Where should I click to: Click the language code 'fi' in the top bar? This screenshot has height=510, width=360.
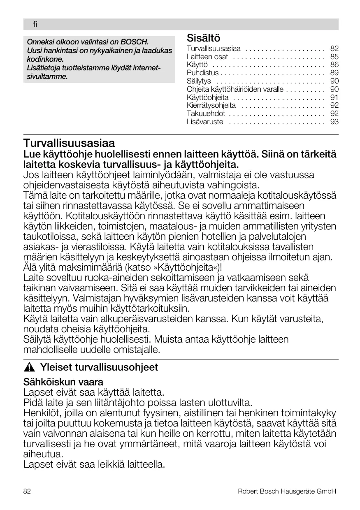coord(35,25)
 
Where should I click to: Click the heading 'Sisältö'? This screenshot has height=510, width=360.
coord(203,38)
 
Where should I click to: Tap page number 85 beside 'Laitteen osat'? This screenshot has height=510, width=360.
coord(334,57)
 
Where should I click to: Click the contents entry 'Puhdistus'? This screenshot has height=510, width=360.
coord(202,73)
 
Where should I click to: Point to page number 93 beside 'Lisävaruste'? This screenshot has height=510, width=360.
coord(334,122)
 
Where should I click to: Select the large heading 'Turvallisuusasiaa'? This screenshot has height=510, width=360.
coord(69,144)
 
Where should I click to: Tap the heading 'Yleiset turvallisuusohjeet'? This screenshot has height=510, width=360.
coord(99,367)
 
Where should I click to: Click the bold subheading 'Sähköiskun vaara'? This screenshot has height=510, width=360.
coord(63,382)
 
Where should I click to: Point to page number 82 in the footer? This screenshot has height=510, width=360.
coord(27,491)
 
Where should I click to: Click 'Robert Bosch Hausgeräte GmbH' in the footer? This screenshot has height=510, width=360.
coord(287,491)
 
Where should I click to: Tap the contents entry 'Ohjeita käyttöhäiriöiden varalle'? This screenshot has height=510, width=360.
coord(235,89)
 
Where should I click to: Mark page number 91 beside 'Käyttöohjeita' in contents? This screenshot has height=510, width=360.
coord(334,97)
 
